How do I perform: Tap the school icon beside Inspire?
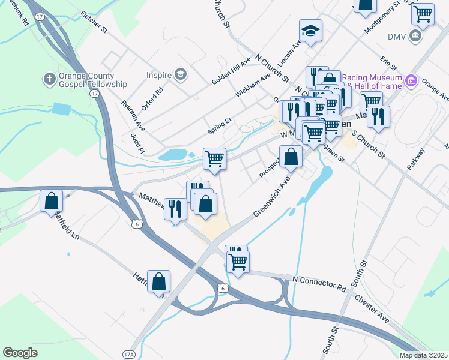tap(179, 74)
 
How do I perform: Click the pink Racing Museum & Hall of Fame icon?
tap(411, 80)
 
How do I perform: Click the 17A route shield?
tap(128, 354)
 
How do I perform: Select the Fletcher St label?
tap(93, 20)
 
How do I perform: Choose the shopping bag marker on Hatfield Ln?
tap(158, 281)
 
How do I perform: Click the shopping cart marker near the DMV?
tap(423, 14)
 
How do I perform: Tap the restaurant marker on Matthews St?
tap(175, 209)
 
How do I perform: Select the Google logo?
tap(20, 353)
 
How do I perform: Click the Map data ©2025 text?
tap(423, 355)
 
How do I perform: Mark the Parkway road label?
tap(415, 160)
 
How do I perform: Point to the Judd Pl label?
tap(137, 144)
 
